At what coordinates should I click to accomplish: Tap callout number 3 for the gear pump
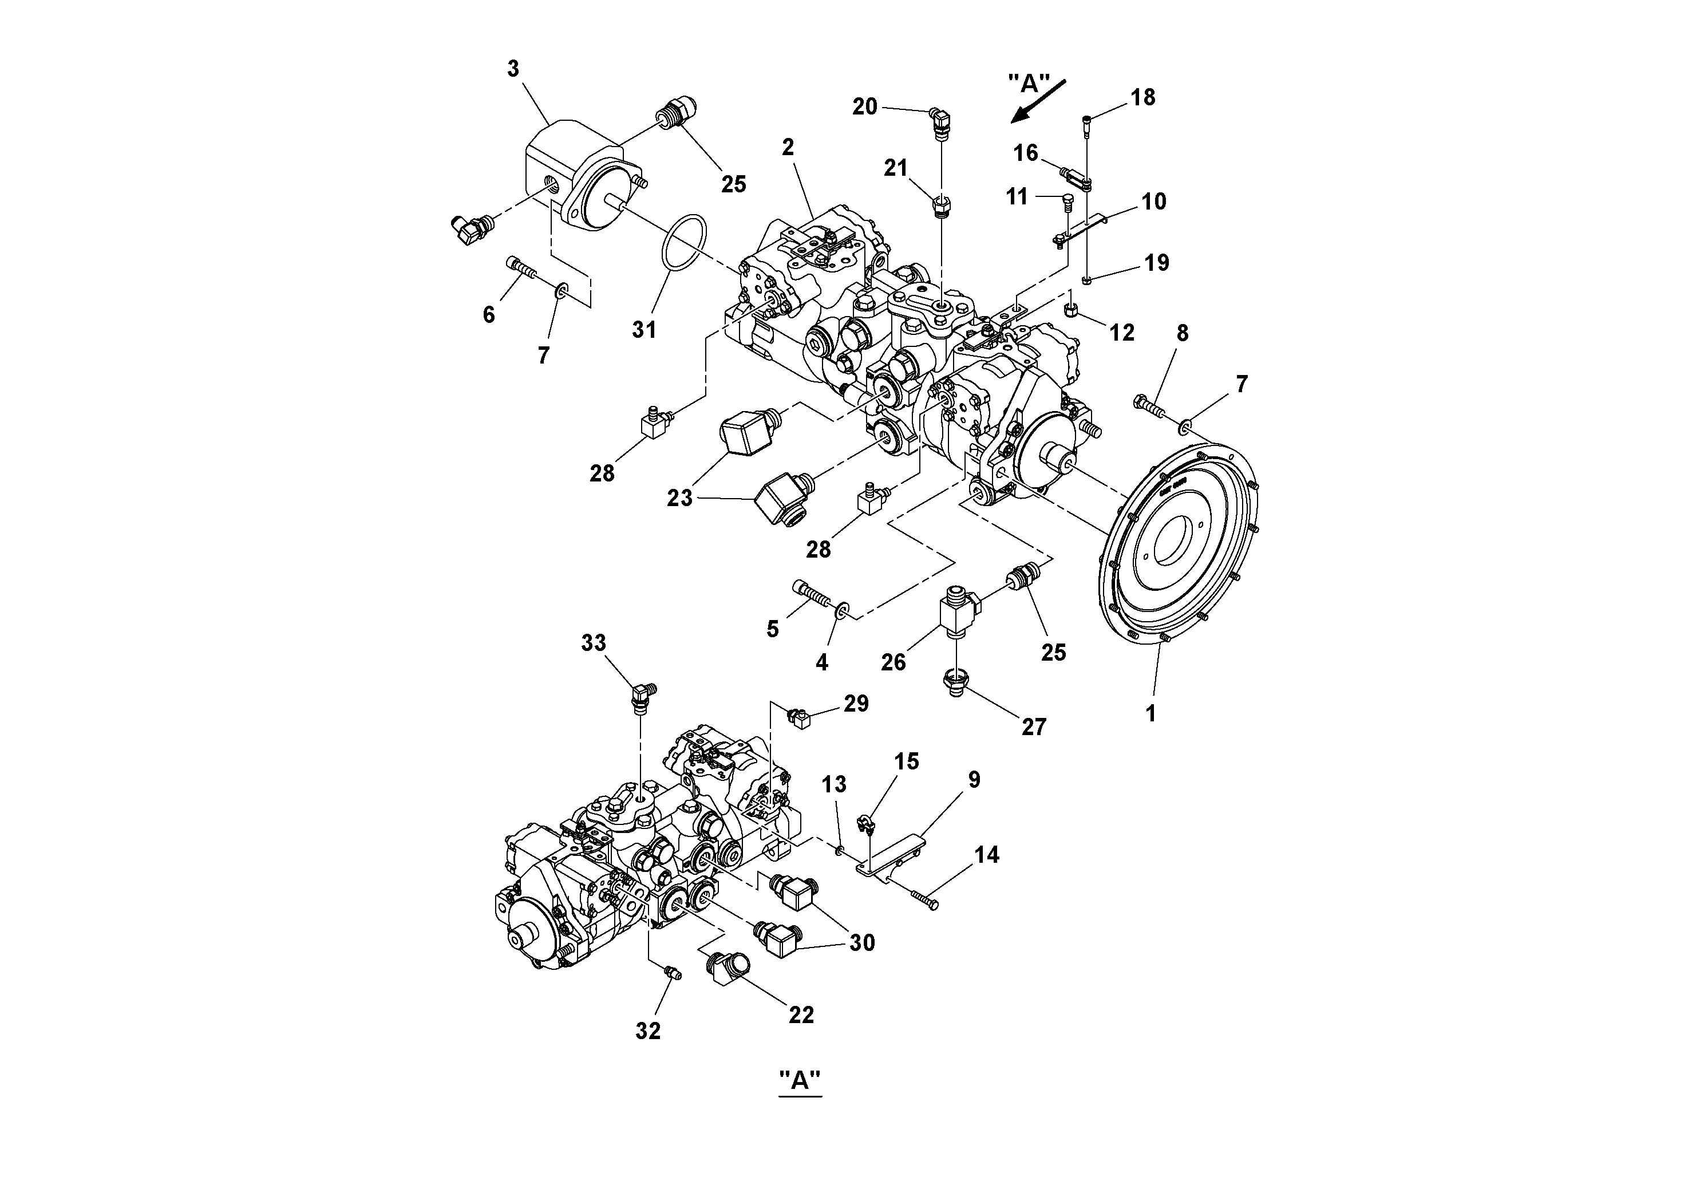[513, 69]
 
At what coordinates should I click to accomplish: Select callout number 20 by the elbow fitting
[865, 107]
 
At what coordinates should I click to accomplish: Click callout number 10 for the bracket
[1153, 201]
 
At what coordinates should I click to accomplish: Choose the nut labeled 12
[1071, 309]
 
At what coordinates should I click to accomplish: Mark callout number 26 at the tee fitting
[893, 661]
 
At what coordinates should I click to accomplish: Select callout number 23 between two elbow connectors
[679, 498]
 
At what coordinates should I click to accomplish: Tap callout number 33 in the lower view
[593, 643]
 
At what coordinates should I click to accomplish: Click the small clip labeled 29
[799, 718]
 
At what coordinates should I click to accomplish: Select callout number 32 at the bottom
[647, 1031]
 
